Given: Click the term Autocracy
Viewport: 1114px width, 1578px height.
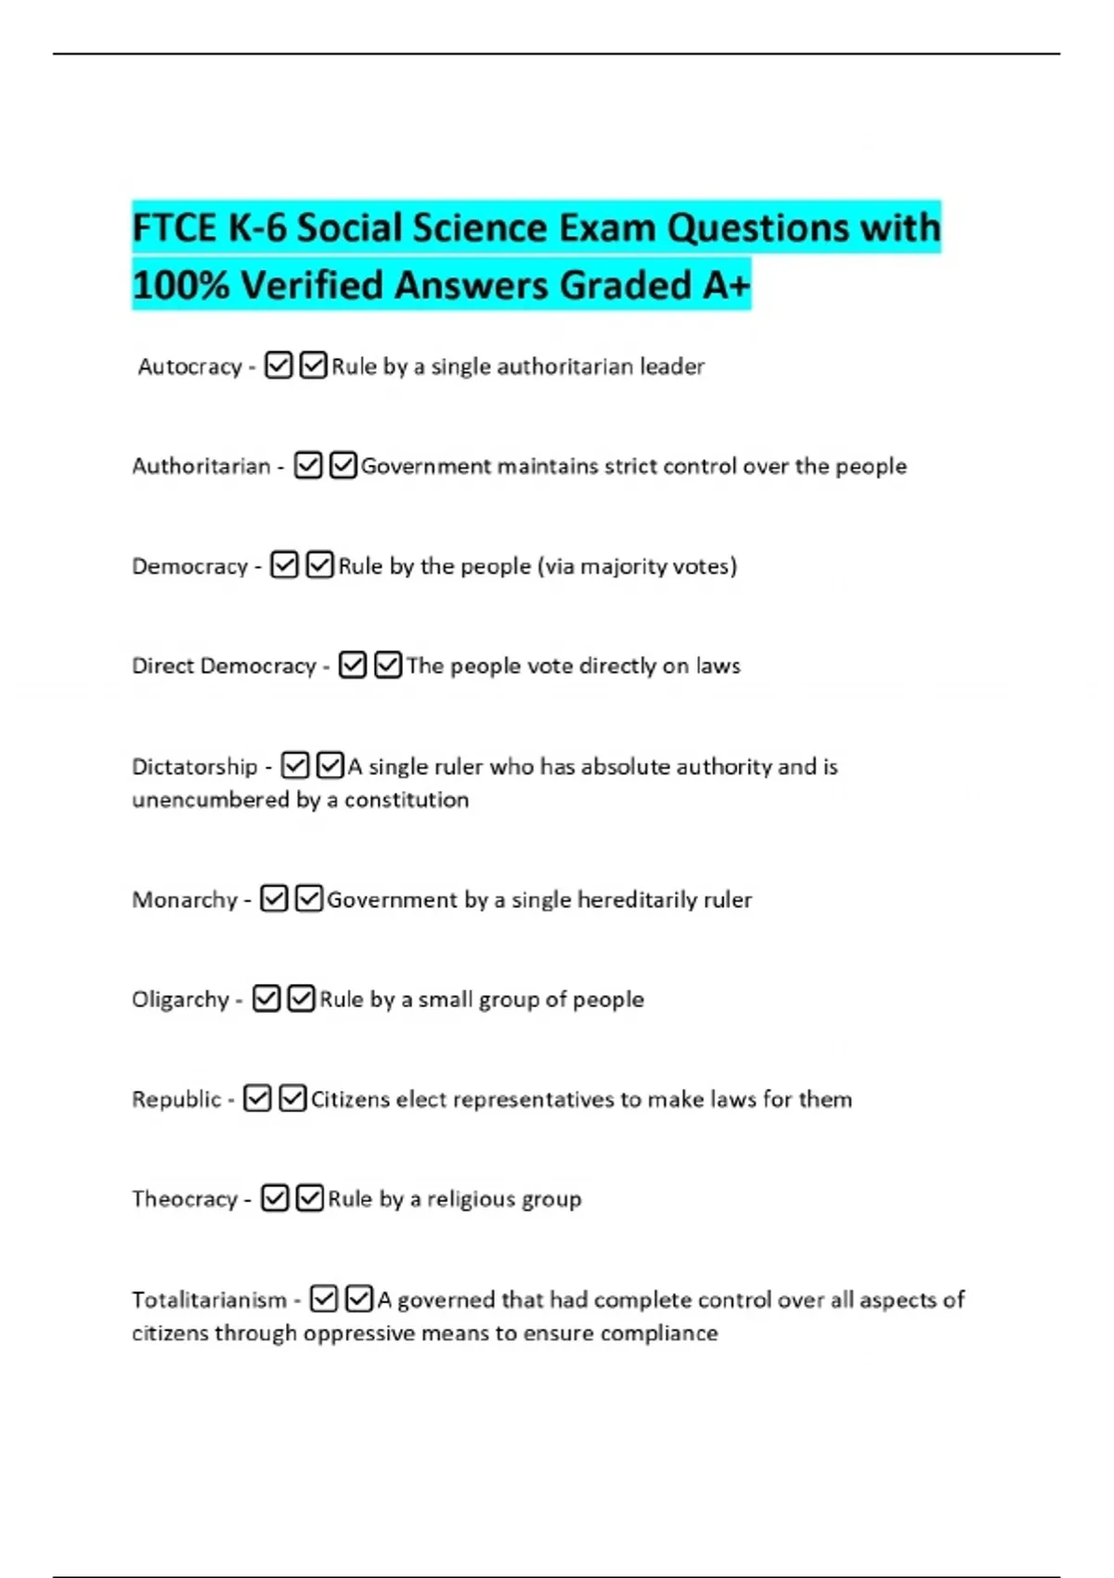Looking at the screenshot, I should tap(189, 367).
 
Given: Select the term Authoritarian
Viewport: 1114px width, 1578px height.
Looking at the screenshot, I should tap(201, 466).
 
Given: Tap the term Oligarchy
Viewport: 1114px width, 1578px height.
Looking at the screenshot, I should tap(180, 1000).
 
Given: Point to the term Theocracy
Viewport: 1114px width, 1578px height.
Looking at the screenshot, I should tap(185, 1199).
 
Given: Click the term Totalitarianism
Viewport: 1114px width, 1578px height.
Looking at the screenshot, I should tap(209, 1300).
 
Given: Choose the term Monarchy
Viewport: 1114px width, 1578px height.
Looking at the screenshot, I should tap(185, 899).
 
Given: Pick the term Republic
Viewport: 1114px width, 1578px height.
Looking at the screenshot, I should tap(176, 1099).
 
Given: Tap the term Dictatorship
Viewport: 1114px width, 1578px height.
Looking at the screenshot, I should tap(194, 767).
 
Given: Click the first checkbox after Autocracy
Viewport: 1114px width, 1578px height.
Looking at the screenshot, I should tap(278, 366).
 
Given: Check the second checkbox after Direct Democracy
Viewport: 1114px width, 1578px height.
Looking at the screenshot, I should tap(387, 666).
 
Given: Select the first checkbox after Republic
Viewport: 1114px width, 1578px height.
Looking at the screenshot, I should tap(257, 1099).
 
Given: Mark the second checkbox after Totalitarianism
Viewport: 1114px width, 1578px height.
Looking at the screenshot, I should tap(358, 1299).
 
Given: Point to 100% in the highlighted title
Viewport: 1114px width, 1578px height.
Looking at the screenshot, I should tap(180, 285).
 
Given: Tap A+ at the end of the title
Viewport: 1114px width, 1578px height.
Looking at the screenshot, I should tap(726, 285).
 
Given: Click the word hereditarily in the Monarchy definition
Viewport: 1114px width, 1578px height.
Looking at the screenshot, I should tap(637, 899).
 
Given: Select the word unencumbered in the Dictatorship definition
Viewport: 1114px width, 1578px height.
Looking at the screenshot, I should tap(211, 800).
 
